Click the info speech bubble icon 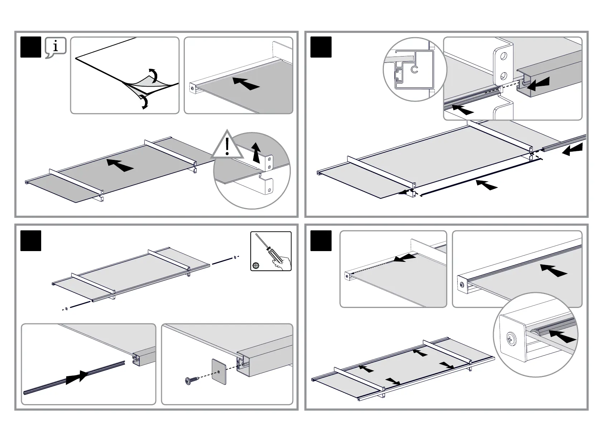tap(56, 47)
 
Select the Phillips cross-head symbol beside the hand tap(256, 265)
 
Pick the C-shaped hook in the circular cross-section tap(414, 69)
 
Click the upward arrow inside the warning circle tap(255, 152)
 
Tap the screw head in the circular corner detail tap(512, 339)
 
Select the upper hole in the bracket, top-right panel tap(504, 56)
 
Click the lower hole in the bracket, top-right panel tap(504, 75)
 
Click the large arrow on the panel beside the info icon tap(246, 83)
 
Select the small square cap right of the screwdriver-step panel tap(234, 257)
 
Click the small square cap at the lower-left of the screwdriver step tap(66, 308)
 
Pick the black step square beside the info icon tap(31, 47)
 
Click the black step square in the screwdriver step tap(31, 241)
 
